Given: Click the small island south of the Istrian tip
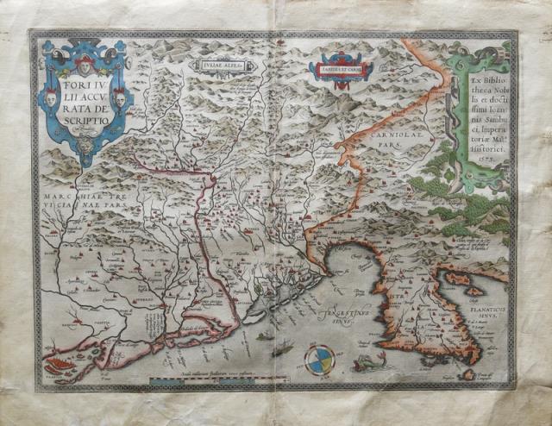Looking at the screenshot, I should (x=467, y=373).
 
